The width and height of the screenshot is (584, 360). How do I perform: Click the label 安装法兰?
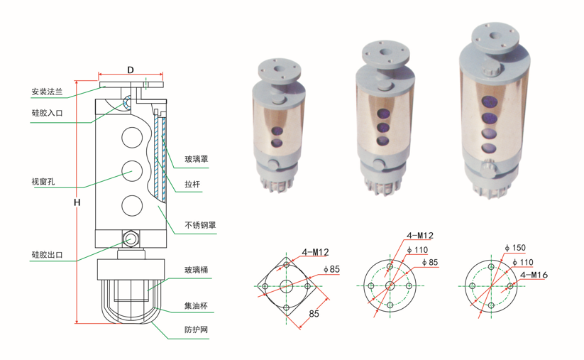tap(47, 92)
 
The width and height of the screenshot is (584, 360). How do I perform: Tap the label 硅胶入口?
tap(47, 113)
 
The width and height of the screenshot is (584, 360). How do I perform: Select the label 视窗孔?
tap(43, 182)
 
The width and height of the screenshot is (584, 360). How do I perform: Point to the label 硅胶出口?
tap(47, 255)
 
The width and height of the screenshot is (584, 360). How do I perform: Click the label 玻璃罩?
tap(197, 159)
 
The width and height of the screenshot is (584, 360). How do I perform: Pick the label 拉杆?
tap(192, 184)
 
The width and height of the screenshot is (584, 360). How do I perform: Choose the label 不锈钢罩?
tap(200, 225)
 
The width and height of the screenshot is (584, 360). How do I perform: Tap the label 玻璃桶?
tap(197, 270)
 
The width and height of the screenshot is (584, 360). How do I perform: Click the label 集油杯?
tap(197, 306)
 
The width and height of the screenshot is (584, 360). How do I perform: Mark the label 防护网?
tap(197, 329)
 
